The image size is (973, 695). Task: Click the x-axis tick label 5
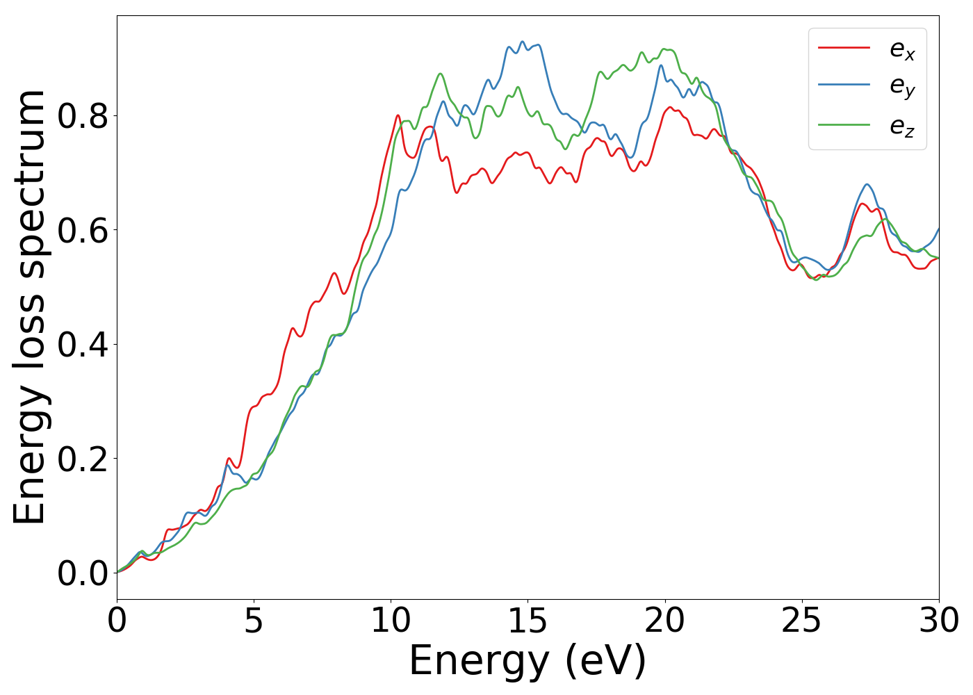click(254, 621)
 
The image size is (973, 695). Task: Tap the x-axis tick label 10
click(391, 621)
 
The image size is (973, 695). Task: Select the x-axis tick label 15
click(528, 621)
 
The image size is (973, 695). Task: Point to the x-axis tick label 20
click(665, 621)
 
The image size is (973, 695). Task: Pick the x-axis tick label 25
click(802, 621)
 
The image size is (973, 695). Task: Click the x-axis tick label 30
click(938, 621)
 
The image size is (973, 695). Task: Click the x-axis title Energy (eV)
click(528, 661)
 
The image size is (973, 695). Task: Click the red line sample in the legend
click(844, 48)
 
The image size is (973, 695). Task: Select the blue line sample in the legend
click(844, 85)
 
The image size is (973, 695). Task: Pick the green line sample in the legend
click(844, 125)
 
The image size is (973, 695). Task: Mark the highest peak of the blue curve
click(523, 42)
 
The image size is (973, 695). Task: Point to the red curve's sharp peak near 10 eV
click(398, 115)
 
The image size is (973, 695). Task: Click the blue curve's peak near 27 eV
click(867, 184)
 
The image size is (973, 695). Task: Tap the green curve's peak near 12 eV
click(440, 74)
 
